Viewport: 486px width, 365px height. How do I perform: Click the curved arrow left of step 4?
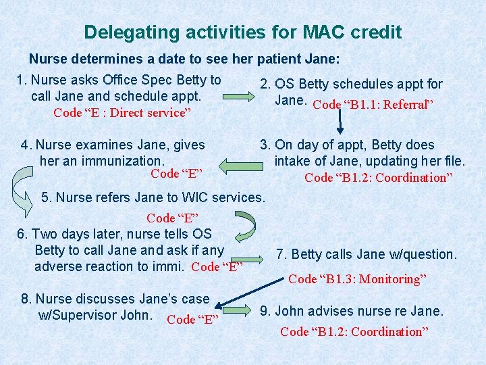24,183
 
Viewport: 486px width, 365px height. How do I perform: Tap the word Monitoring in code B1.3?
392,278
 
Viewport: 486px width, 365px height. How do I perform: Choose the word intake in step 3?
293,161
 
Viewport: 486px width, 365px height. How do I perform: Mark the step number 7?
279,254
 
